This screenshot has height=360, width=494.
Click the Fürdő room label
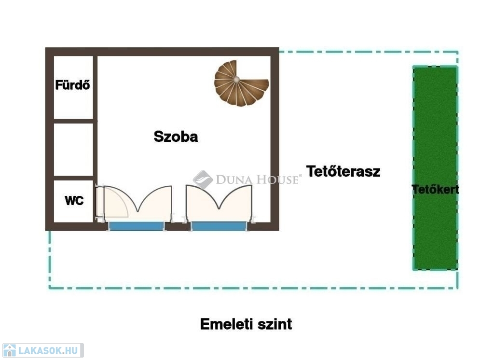pyautogui.click(x=72, y=85)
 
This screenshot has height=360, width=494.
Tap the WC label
pyautogui.click(x=74, y=200)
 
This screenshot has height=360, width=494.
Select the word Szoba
pyautogui.click(x=176, y=137)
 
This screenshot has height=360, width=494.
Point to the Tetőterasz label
pyautogui.click(x=343, y=171)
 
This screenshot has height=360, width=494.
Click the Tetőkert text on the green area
pyautogui.click(x=436, y=190)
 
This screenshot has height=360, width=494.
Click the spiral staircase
pyautogui.click(x=241, y=83)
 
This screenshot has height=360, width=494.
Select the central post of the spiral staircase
pyautogui.click(x=236, y=79)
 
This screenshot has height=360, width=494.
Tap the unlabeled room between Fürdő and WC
pyautogui.click(x=73, y=150)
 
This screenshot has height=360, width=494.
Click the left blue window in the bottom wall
pyautogui.click(x=137, y=226)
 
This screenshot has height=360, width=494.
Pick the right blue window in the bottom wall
pyautogui.click(x=219, y=226)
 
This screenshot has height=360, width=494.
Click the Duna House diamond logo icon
pyautogui.click(x=203, y=180)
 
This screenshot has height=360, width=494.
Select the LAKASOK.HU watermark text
pyautogui.click(x=48, y=350)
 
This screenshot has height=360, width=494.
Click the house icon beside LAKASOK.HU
pyautogui.click(x=9, y=350)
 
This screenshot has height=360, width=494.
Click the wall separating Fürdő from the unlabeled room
pyautogui.click(x=73, y=121)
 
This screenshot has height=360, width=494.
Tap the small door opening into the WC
pyautogui.click(x=112, y=202)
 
